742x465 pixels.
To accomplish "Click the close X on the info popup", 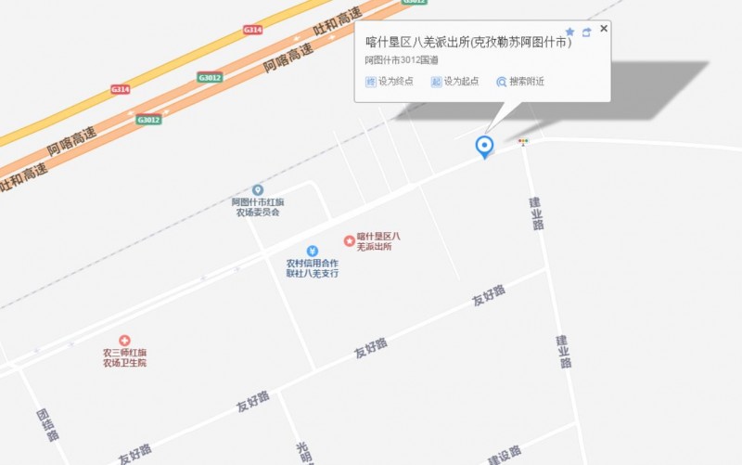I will tap(604, 29).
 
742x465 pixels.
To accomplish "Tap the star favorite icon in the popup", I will tap(569, 32).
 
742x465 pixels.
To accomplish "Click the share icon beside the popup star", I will tap(586, 32).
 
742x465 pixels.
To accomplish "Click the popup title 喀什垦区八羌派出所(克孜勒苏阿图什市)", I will tap(468, 42).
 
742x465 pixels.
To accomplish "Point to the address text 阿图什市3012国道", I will tap(402, 60).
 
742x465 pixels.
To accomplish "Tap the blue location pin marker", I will tap(483, 146).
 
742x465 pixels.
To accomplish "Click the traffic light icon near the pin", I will tap(523, 142).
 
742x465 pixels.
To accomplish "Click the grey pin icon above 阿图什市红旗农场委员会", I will tap(258, 190).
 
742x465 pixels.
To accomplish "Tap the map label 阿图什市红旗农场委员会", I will tap(258, 207).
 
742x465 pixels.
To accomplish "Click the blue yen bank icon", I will tap(313, 251).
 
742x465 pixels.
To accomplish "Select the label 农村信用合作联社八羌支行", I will tap(313, 268).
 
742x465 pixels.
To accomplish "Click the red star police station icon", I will tap(350, 240).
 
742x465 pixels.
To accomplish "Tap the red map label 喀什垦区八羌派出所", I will tap(378, 242).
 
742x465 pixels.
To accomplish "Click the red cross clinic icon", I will tap(125, 341).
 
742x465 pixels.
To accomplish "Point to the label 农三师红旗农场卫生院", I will tap(124, 357).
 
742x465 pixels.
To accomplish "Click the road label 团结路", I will tap(46, 424).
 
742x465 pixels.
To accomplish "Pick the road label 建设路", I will tap(506, 455).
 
